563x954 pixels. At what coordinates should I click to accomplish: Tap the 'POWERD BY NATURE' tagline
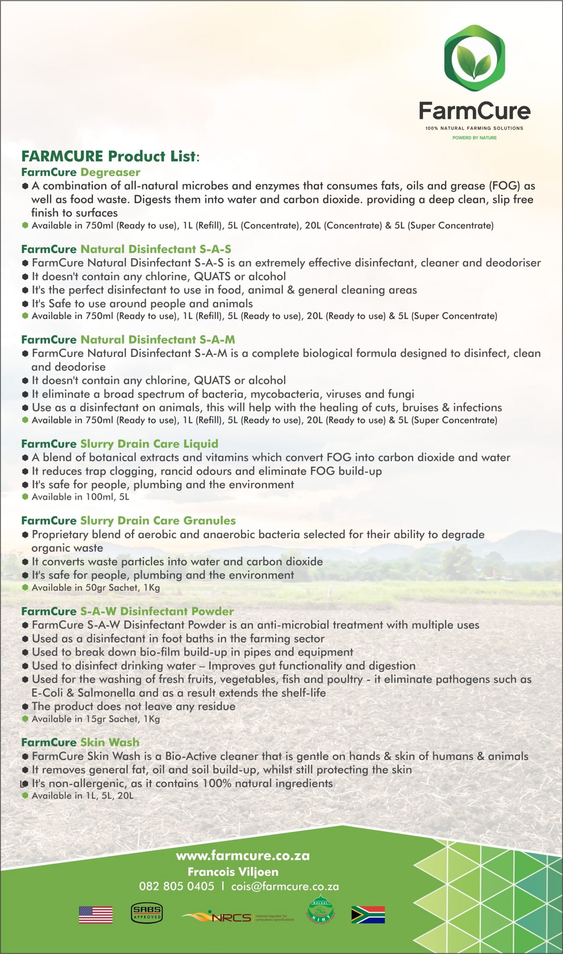coord(474,138)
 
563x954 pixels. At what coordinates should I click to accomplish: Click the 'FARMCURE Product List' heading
coord(110,156)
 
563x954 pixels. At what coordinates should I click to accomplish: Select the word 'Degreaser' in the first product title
coord(110,172)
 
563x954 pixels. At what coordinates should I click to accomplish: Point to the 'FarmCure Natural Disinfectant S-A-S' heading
coord(126,249)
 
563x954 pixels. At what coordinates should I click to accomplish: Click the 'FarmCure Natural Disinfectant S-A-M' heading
coord(128,339)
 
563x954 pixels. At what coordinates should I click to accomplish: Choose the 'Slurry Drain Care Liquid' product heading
coord(149,443)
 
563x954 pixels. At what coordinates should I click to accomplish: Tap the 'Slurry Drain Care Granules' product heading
coord(158,521)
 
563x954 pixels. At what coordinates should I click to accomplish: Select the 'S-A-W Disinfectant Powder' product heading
coord(157,611)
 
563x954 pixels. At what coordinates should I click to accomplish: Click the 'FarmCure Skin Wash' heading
coord(81,742)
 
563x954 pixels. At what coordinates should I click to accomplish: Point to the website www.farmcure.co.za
coord(243,856)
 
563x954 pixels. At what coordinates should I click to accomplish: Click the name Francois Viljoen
coord(233,872)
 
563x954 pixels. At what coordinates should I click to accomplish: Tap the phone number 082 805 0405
coord(176,887)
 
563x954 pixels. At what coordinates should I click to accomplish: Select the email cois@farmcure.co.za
coord(285,887)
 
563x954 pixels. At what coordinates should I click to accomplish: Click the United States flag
coord(95,914)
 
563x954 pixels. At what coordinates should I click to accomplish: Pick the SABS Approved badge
coord(147,913)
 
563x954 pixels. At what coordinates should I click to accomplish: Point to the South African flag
coord(368,914)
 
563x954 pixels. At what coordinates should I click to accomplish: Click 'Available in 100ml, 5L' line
coord(81,497)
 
